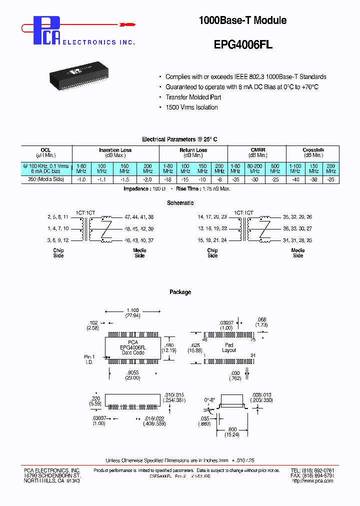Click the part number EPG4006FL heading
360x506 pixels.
[x=243, y=43]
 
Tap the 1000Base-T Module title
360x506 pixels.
[x=242, y=20]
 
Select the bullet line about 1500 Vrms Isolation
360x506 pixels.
[x=191, y=107]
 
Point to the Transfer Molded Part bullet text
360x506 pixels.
[x=193, y=97]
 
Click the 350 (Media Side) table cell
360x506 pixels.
[x=46, y=179]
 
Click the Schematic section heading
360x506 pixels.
[x=180, y=203]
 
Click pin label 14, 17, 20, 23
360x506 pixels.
[x=212, y=217]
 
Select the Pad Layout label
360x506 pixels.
[x=228, y=347]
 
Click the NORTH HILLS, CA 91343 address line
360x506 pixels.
[x=52, y=481]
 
